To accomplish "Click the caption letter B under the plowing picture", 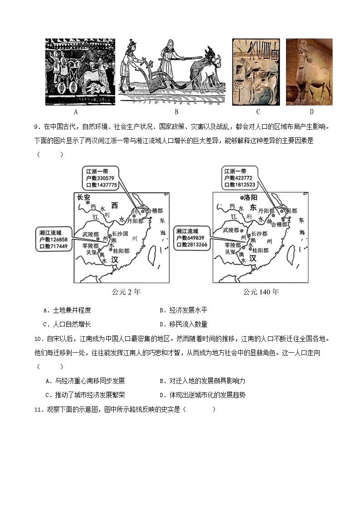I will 176,112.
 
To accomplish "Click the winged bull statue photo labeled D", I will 309,72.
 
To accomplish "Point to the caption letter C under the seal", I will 258,112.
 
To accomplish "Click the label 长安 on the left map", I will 84,197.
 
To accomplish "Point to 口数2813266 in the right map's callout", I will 192,245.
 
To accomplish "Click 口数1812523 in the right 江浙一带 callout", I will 240,185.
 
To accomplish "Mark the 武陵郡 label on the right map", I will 232,230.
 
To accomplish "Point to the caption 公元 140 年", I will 260,291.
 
